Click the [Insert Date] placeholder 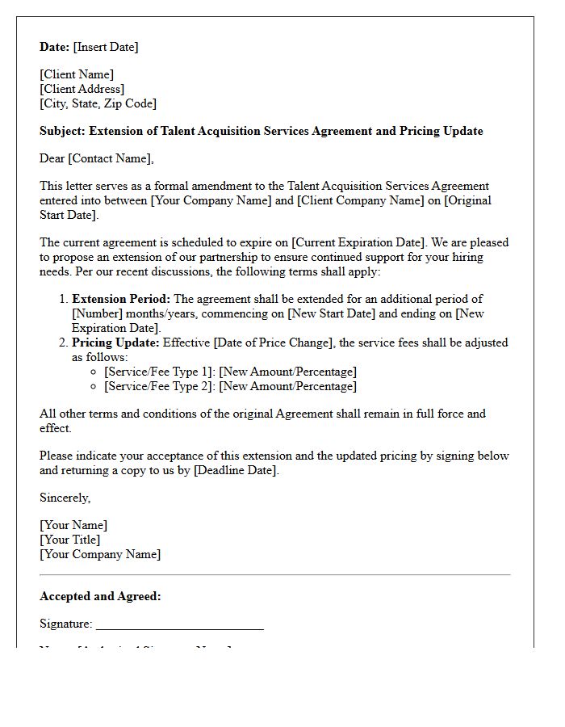pyautogui.click(x=106, y=47)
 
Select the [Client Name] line pyautogui.click(x=77, y=74)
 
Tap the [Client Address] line pyautogui.click(x=82, y=89)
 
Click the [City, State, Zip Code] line pyautogui.click(x=98, y=103)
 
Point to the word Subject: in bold pyautogui.click(x=62, y=131)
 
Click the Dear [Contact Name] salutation pyautogui.click(x=96, y=158)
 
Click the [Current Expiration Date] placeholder pyautogui.click(x=359, y=242)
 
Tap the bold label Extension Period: pyautogui.click(x=121, y=299)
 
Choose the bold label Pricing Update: pyautogui.click(x=115, y=342)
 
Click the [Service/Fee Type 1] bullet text pyautogui.click(x=159, y=372)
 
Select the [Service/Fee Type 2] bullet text pyautogui.click(x=159, y=386)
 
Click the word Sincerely pyautogui.click(x=65, y=498)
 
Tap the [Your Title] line pyautogui.click(x=69, y=540)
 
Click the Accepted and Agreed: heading pyautogui.click(x=100, y=596)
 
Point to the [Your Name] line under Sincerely pyautogui.click(x=73, y=525)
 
